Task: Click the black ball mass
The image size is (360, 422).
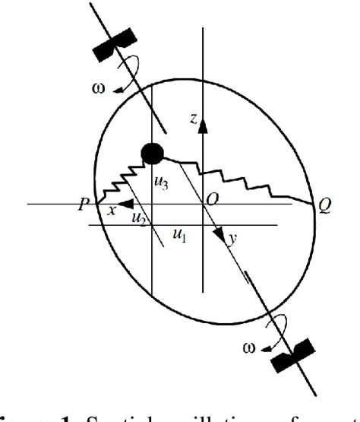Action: coord(153,153)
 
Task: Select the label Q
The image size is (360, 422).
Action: coord(324,207)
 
